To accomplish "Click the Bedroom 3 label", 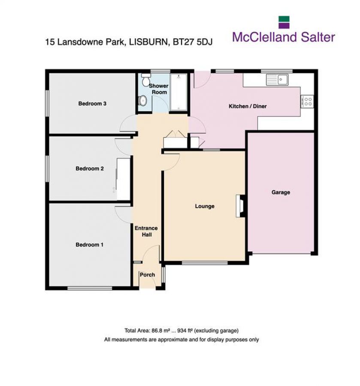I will click(x=92, y=104).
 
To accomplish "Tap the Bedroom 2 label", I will click(x=90, y=169).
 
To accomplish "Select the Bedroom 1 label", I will click(x=90, y=245).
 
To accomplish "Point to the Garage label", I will click(x=281, y=192).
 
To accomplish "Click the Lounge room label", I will click(x=205, y=206).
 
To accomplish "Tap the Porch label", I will click(x=147, y=275).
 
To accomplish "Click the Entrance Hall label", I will click(x=146, y=232).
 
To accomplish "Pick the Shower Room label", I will click(x=158, y=89).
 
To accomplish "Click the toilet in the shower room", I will click(x=145, y=80).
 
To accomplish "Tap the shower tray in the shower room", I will click(x=178, y=93).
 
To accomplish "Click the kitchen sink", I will click(x=277, y=79).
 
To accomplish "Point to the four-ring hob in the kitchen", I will click(x=308, y=101).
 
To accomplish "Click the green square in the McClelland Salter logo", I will click(x=284, y=22).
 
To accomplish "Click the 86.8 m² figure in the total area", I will click(x=159, y=330).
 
